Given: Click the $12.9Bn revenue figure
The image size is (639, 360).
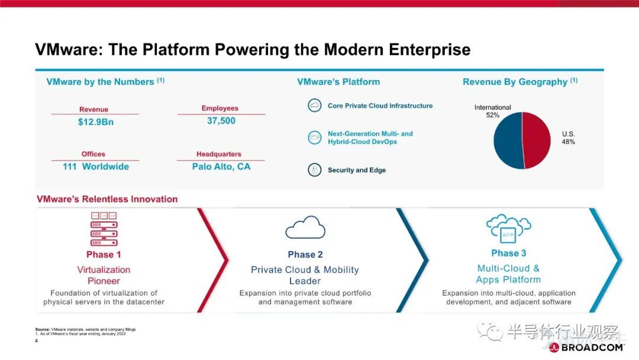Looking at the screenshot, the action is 96,122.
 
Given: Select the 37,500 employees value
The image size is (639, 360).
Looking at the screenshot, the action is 221,121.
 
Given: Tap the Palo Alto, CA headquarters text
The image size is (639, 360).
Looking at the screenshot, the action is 221,166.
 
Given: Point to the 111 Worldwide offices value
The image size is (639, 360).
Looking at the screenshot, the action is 96,166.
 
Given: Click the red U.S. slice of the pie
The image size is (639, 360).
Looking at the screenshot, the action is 536,140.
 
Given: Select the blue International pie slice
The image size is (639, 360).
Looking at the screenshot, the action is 508,140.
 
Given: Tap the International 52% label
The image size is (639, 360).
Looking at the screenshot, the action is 492,111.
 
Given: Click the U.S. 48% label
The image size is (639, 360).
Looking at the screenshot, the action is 569,138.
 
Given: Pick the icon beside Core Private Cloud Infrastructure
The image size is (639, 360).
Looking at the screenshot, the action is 315,105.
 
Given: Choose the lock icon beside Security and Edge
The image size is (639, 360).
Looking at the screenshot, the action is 315,169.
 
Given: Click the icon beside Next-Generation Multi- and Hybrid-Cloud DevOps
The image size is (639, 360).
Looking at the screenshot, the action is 315,137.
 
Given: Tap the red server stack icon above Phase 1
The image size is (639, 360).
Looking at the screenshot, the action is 104,229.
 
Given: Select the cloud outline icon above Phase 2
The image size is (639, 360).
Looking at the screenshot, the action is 305,227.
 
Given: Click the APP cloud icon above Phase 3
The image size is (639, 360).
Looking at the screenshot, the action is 509,229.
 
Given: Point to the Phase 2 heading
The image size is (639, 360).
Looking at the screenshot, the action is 305,255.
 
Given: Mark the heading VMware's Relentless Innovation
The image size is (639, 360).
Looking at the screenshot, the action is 107,199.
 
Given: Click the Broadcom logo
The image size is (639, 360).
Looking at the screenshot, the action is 586,348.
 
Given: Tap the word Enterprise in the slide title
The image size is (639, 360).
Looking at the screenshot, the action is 430,50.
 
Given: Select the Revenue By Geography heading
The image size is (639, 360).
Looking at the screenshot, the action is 520,82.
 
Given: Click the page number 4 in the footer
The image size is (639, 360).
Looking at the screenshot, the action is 36,341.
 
